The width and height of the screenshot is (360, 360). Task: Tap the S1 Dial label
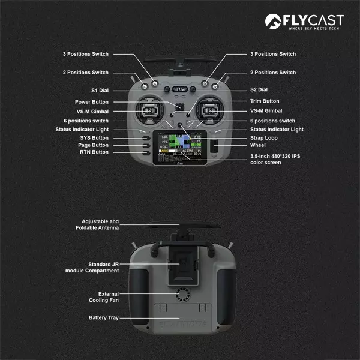point(100,90)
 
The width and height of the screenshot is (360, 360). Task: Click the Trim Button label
point(265,101)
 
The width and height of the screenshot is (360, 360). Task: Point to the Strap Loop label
point(264,138)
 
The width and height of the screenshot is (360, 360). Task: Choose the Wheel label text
point(258,145)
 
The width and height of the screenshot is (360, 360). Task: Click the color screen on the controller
point(180,146)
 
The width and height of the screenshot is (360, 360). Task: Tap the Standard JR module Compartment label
point(92,268)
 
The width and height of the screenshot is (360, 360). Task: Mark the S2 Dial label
point(259,90)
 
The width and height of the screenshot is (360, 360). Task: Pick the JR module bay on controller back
point(180,267)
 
